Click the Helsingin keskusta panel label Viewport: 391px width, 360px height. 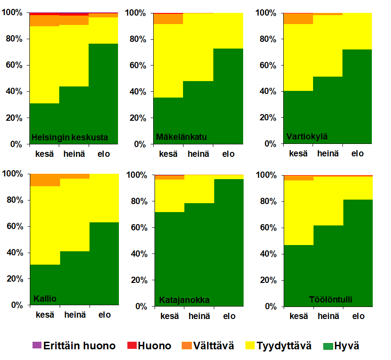tap(69, 137)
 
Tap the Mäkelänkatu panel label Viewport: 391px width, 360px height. tap(181, 136)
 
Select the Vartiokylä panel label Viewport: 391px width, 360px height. tap(307, 136)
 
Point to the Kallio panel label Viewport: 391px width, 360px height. tap(45, 298)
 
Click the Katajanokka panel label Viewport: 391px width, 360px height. tap(184, 300)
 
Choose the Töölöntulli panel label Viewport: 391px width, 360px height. tap(330, 299)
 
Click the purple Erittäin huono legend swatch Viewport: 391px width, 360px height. tap(37, 345)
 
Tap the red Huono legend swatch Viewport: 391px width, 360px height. tap(132, 345)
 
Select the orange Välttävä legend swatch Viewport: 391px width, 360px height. tap(187, 345)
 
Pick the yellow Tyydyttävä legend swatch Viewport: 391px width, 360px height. tap(250, 345)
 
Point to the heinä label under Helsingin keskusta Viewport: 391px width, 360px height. tap(74, 154)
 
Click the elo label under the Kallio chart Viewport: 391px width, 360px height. tap(105, 315)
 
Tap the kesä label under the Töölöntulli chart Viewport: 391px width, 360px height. tap(298, 316)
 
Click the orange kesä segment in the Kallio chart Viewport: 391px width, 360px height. tap(45, 180)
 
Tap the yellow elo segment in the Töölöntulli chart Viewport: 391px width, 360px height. tap(358, 188)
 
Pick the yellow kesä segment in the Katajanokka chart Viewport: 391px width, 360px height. tap(169, 195)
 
